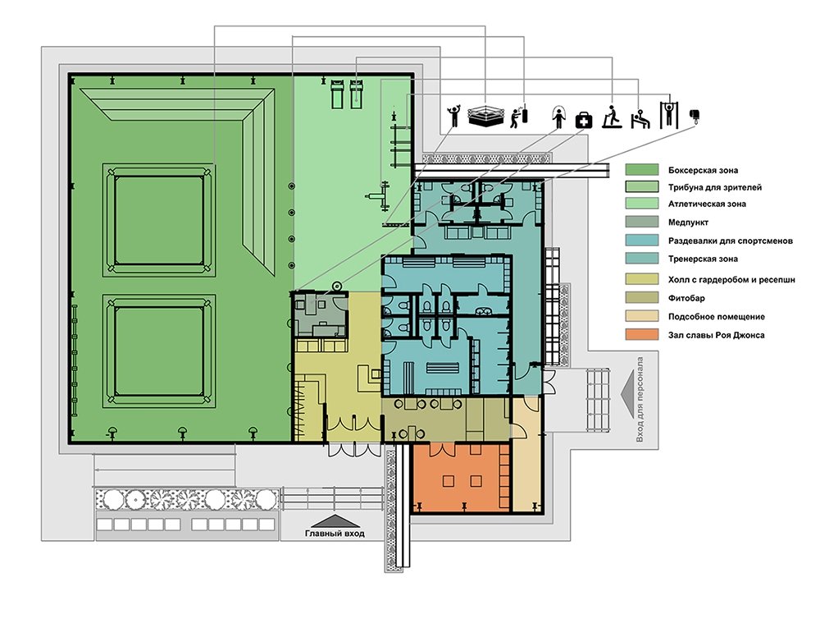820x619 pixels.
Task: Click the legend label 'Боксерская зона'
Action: [x=703, y=170]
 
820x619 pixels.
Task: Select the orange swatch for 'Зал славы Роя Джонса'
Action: [x=642, y=335]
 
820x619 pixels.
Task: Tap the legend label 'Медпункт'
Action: [x=688, y=222]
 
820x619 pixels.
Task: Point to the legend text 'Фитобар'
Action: [x=686, y=298]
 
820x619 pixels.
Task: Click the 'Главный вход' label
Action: [x=335, y=534]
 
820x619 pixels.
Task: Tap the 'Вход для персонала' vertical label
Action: [x=640, y=400]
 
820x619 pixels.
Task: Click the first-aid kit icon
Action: [x=584, y=121]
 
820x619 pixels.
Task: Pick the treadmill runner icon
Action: [x=612, y=117]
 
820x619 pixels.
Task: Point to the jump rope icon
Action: [x=558, y=117]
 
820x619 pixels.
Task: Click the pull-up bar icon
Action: [x=667, y=115]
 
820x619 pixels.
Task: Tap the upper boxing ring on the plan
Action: [x=160, y=220]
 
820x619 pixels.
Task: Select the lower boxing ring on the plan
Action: [x=160, y=351]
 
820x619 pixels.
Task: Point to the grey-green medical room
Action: [x=320, y=314]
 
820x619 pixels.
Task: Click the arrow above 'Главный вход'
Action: [x=335, y=521]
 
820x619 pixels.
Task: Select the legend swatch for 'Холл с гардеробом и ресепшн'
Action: [x=642, y=279]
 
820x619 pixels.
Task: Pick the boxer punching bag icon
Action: [x=519, y=117]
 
